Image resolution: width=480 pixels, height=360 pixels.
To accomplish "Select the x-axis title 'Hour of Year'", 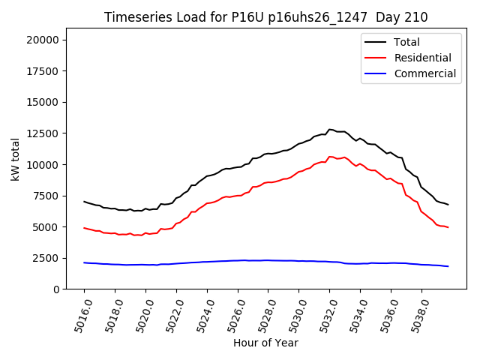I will coord(265,343).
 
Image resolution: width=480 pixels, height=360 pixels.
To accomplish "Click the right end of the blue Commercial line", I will coord(448,266).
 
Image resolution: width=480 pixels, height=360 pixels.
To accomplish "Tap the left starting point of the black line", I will coord(84,201).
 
